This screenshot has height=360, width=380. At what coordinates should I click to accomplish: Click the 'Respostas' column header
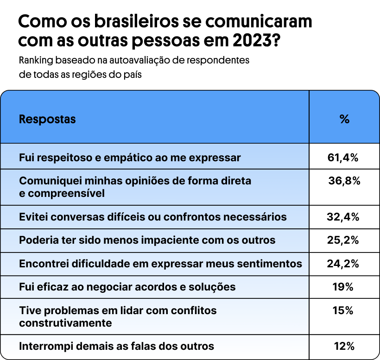tap(47, 119)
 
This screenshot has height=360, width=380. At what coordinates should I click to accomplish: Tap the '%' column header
tap(344, 119)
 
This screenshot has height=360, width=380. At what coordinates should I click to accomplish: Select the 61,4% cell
tap(343, 158)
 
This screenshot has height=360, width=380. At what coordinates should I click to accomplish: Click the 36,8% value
tap(344, 181)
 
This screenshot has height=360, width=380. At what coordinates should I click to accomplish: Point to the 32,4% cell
tap(343, 217)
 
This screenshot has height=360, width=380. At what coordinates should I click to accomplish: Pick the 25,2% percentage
tap(343, 240)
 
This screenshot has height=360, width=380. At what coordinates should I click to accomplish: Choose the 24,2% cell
tap(343, 264)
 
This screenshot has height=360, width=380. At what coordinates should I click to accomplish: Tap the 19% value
tap(343, 287)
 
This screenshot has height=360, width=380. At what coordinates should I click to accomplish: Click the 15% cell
tap(343, 310)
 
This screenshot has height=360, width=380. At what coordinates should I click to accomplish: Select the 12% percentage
tap(344, 346)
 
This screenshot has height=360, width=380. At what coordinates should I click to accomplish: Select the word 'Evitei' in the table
tap(33, 217)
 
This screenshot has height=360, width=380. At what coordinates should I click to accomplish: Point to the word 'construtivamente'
tap(65, 322)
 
